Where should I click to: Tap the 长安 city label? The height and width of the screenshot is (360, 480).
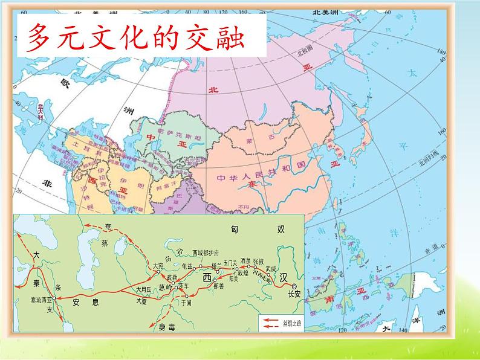(294, 294)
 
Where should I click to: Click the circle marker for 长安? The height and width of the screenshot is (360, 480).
(294, 286)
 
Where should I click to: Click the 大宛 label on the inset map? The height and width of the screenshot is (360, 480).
(158, 265)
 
